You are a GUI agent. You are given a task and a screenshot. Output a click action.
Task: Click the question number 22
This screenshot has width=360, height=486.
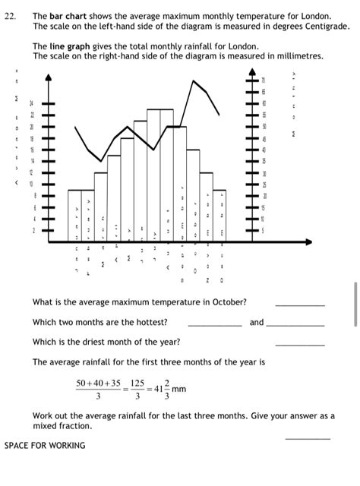pos(10,15)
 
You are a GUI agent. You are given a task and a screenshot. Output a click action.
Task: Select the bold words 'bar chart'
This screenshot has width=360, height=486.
pos(68,15)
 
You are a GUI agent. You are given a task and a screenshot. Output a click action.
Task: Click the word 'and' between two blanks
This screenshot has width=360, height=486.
pos(257,322)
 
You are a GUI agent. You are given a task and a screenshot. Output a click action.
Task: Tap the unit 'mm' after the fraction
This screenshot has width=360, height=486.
pos(179,390)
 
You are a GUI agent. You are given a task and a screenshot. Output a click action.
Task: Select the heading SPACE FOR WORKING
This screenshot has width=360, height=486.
pos(45,445)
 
